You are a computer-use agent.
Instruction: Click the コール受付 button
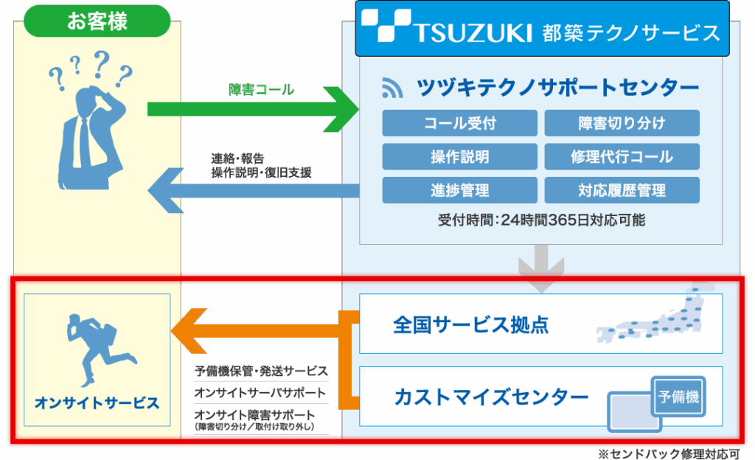click(x=459, y=123)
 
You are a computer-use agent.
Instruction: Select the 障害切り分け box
click(x=622, y=123)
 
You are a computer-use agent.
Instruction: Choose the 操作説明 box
click(x=459, y=157)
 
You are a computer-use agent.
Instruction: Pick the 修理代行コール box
click(x=622, y=157)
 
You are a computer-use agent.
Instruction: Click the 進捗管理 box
click(x=459, y=190)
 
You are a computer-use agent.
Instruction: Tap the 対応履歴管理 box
click(x=622, y=190)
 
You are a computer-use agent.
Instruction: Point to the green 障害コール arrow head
click(x=344, y=109)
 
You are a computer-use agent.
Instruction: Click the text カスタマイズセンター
click(x=491, y=397)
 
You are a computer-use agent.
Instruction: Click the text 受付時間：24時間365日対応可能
click(x=541, y=220)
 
